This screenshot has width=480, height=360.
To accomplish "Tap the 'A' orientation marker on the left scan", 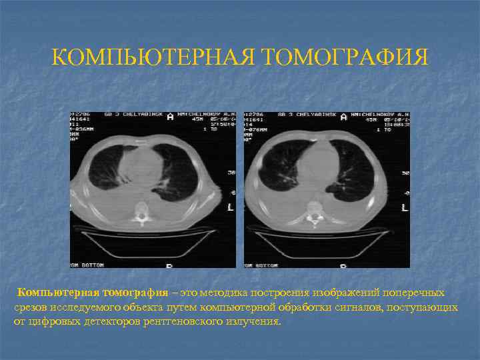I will [171, 117].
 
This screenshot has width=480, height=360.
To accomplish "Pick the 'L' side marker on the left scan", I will [231, 207].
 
